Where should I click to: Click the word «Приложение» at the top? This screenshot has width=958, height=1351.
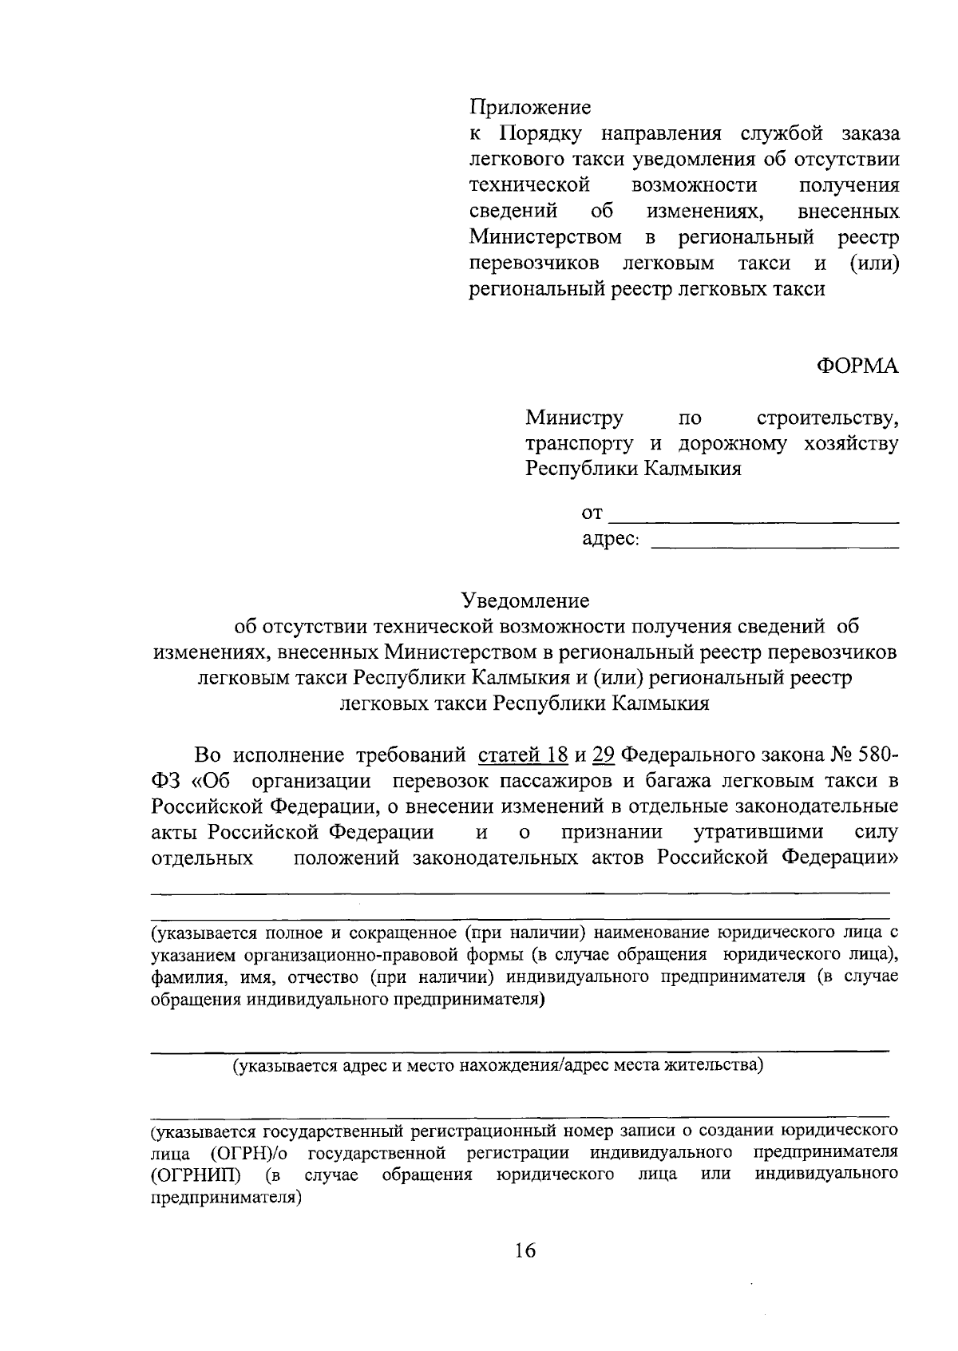[x=529, y=107]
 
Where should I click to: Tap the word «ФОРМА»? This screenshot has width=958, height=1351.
[x=857, y=366]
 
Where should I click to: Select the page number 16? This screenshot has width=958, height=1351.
[x=525, y=1250]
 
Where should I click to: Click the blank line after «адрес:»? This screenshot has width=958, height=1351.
[x=774, y=548]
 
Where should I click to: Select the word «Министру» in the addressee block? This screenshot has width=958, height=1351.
[x=574, y=418]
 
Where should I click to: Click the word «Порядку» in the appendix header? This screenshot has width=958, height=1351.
[x=542, y=133]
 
